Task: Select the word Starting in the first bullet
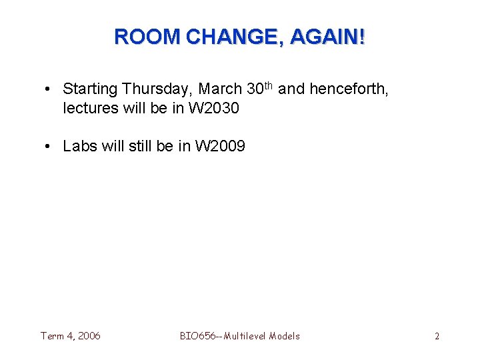point(91,89)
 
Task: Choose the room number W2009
point(220,146)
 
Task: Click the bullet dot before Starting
point(51,89)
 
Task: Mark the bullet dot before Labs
point(51,146)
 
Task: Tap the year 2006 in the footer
point(89,336)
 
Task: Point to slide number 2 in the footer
point(437,336)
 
